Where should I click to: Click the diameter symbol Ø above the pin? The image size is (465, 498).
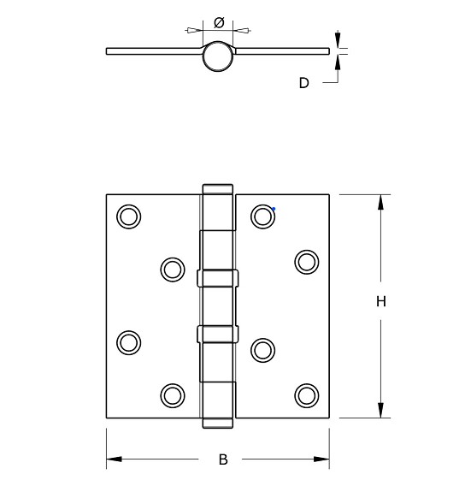click(218, 22)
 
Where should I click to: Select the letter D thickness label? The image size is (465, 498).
click(303, 83)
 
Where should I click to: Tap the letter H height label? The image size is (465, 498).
click(381, 301)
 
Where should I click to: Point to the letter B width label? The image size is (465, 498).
click(223, 459)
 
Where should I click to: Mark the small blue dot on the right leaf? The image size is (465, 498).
click(274, 208)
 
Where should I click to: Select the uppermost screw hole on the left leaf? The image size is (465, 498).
click(128, 216)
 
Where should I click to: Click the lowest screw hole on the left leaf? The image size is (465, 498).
click(172, 394)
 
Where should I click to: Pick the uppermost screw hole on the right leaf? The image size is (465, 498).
click(262, 216)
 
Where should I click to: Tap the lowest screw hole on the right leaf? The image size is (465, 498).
click(306, 394)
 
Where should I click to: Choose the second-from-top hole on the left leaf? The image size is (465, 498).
click(172, 270)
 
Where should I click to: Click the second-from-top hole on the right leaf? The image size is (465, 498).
click(306, 261)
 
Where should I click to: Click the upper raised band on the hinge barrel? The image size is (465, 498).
click(217, 278)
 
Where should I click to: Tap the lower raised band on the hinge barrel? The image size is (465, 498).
click(217, 334)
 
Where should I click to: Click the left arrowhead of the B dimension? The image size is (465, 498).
click(113, 459)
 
